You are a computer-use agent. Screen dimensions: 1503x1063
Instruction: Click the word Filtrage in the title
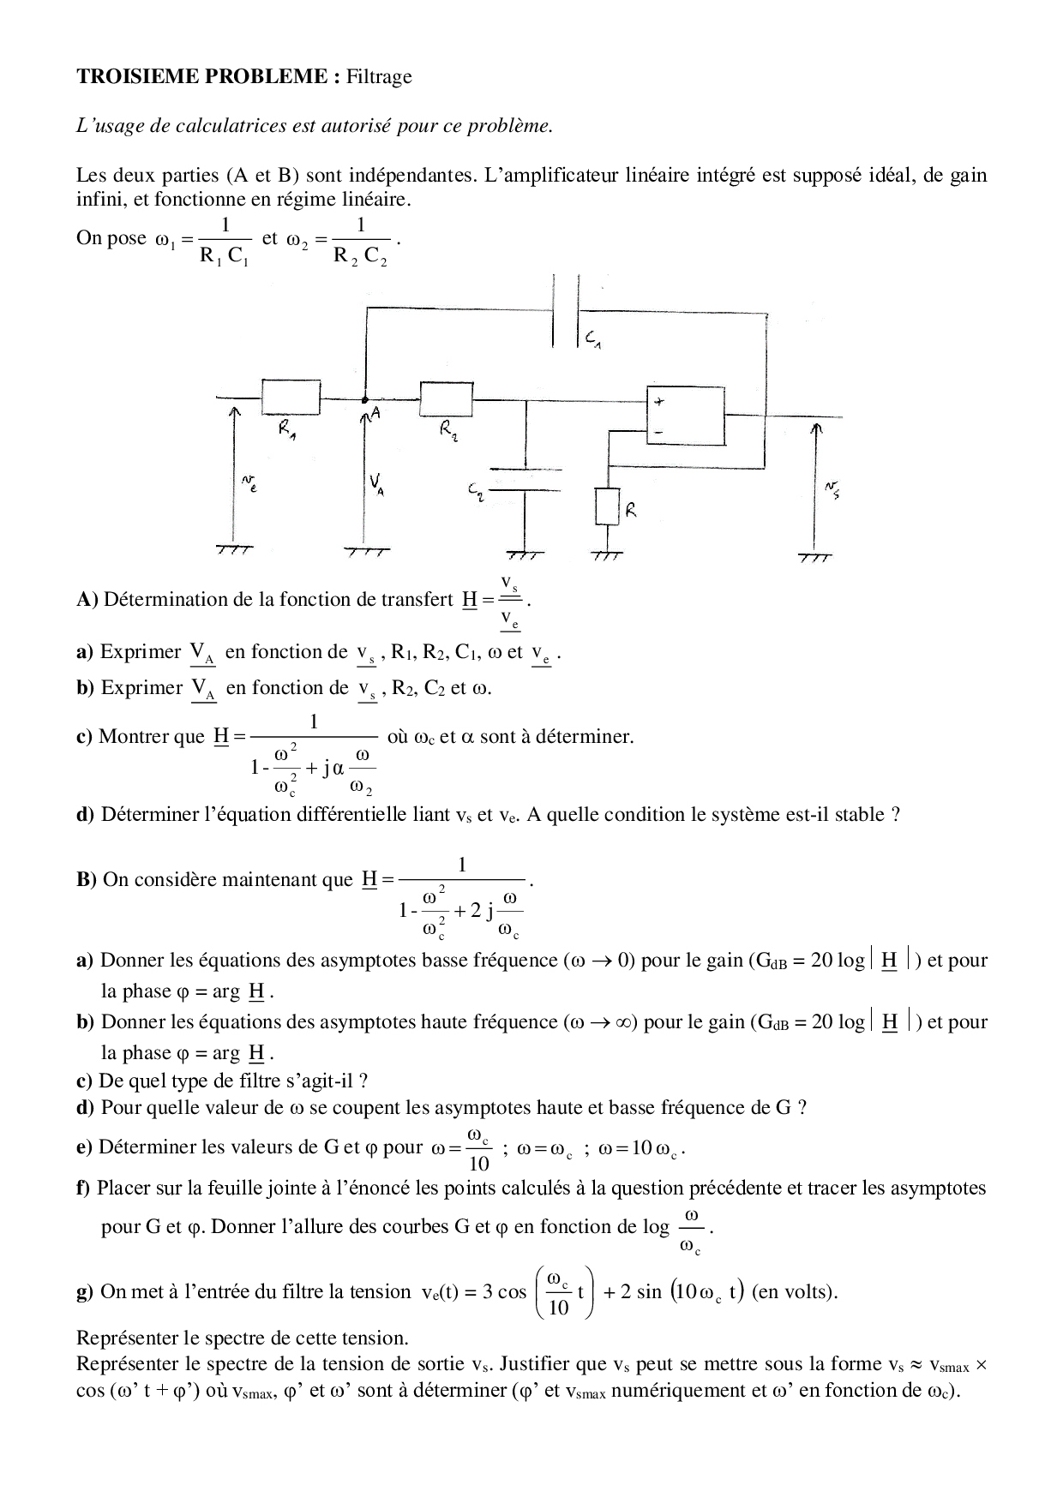(x=379, y=77)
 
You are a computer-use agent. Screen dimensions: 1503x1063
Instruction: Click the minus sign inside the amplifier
(x=658, y=433)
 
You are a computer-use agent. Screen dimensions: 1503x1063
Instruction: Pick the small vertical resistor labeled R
(x=606, y=506)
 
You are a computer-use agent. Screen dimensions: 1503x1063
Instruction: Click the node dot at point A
(x=365, y=399)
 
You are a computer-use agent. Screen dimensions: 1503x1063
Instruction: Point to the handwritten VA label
(x=376, y=485)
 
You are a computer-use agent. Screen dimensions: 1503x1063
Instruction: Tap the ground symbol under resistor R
(x=606, y=555)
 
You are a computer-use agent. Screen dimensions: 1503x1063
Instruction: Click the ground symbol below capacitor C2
(x=525, y=554)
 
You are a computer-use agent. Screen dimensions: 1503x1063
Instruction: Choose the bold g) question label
(x=85, y=1291)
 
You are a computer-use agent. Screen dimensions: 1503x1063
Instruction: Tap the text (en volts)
(x=794, y=1291)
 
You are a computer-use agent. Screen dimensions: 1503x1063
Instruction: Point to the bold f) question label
(x=83, y=1189)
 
